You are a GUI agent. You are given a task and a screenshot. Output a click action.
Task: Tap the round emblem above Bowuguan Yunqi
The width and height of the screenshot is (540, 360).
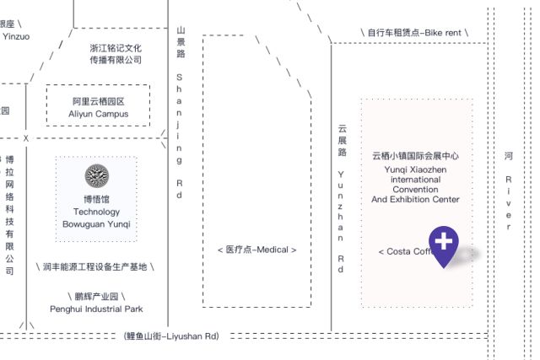coord(97,176)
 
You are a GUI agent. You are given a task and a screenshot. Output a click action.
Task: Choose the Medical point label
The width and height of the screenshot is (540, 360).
coord(257,250)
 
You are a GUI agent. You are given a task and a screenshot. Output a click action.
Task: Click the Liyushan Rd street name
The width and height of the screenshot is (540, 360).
coord(170,336)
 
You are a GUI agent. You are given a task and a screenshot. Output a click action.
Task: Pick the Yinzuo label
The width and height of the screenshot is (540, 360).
coord(15,36)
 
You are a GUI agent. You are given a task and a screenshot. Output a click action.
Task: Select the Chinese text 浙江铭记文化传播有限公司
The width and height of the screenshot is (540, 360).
coord(116,54)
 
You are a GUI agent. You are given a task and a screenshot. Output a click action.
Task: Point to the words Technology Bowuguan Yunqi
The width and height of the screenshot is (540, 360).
coord(96,218)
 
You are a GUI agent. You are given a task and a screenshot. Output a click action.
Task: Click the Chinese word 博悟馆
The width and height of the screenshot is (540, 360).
coord(96,200)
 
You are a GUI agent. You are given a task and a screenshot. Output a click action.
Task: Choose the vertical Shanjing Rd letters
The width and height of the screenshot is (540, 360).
coord(179,135)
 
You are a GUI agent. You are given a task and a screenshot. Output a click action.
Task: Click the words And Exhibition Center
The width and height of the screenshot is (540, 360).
coord(414,200)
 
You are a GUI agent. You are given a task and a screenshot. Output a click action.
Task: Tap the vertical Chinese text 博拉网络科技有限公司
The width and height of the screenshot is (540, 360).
coord(9,215)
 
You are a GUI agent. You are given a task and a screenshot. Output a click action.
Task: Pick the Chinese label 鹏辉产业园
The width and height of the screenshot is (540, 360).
coord(97,297)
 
